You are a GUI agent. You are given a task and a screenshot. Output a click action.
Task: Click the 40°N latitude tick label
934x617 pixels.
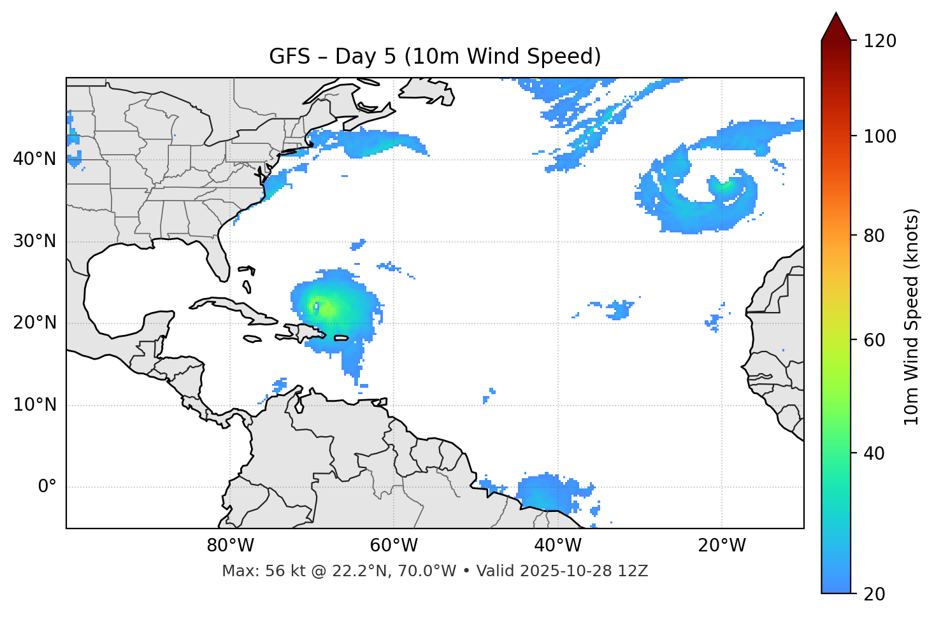(34, 159)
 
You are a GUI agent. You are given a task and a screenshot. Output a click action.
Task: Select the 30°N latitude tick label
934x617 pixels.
(34, 241)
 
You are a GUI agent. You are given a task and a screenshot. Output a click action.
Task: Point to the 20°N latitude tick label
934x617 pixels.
(34, 323)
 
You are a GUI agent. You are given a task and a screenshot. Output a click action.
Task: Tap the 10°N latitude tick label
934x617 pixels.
(34, 405)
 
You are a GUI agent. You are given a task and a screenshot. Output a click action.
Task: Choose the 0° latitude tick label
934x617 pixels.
(47, 487)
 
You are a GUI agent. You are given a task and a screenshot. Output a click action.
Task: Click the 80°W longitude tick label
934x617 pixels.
(230, 546)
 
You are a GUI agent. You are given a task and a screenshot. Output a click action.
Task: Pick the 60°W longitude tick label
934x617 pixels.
(394, 546)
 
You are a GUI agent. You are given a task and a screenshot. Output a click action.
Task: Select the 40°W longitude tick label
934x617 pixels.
(557, 546)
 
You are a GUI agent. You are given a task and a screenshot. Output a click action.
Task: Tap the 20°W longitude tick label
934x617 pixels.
(721, 546)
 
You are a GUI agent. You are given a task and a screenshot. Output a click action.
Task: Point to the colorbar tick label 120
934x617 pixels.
(879, 41)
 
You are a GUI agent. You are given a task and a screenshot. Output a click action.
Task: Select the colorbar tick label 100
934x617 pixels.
(879, 136)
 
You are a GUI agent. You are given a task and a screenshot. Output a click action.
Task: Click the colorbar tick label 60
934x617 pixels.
(873, 340)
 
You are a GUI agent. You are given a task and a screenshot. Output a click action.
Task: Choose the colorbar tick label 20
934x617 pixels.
(873, 594)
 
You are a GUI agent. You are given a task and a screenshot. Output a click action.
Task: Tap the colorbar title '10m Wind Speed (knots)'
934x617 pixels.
(912, 316)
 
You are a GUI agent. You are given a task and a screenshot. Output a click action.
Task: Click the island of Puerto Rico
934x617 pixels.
(341, 337)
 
